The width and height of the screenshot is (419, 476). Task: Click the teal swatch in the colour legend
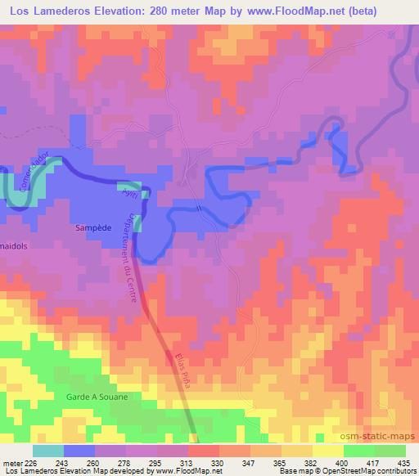tap(48, 450)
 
